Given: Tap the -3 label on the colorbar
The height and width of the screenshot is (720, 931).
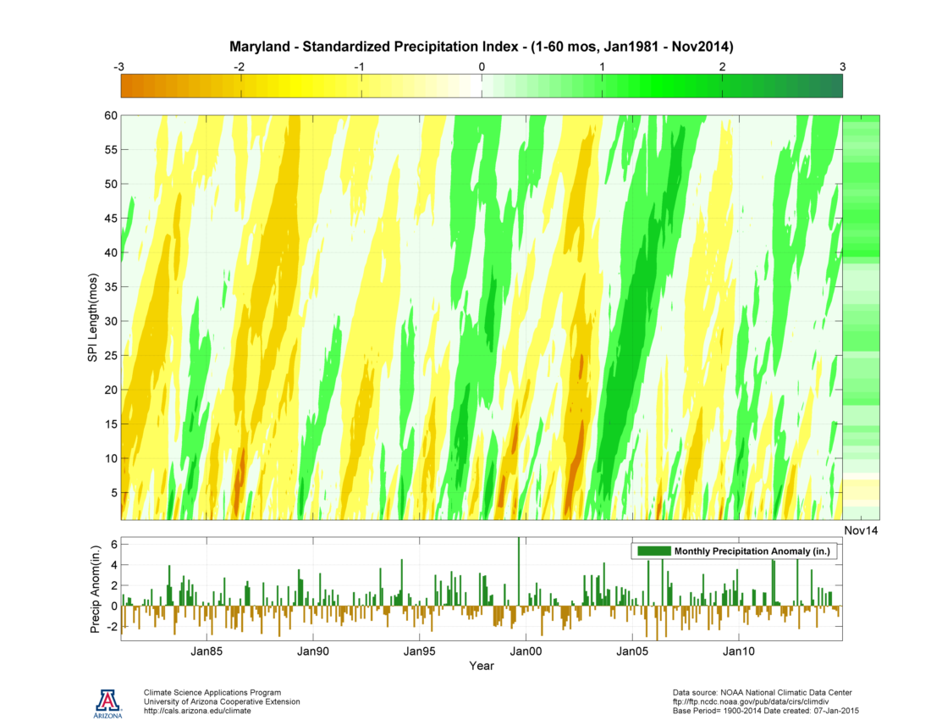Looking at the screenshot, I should point(121,66).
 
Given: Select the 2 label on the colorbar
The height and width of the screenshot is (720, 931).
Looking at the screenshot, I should point(722,66).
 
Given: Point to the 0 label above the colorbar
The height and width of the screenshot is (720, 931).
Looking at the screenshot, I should point(482,66).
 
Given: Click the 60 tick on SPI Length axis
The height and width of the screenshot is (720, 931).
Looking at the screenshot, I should point(111,115).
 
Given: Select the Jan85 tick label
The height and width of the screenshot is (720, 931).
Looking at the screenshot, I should point(206,651).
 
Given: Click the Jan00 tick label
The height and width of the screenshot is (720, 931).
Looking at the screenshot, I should point(526,651).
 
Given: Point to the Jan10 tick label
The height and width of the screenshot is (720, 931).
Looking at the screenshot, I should point(739,651).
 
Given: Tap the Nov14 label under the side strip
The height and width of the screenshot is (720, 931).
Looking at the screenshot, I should point(862,529).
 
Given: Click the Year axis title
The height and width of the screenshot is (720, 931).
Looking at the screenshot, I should point(482,666).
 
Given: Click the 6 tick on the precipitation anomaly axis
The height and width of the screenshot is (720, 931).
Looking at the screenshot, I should point(113,544).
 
